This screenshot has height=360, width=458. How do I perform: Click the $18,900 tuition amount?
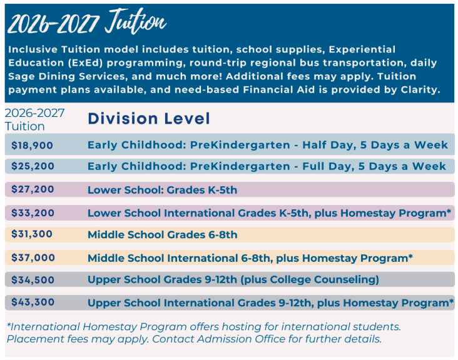pos(32,145)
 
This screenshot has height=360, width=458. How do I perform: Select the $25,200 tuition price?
pos(33,166)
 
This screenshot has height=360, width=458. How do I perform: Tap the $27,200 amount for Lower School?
pos(33,189)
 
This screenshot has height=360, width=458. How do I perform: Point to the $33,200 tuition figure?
pos(33,213)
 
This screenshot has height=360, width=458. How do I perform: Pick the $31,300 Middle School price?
pos(32,234)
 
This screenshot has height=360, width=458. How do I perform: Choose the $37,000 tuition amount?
pos(33,258)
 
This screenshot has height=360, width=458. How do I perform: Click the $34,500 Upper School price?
pos(33,280)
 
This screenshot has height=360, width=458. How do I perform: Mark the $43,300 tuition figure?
pos(33,302)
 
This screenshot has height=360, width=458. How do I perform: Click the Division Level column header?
pos(149,119)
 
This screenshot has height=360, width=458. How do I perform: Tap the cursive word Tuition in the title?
pos(136,21)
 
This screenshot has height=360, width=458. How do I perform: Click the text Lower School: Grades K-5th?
pos(163,190)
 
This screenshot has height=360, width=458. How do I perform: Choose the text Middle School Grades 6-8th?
pos(163,234)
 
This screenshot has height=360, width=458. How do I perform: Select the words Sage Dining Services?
pos(66,76)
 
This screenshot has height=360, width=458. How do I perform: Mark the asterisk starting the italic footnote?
pos(9,325)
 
